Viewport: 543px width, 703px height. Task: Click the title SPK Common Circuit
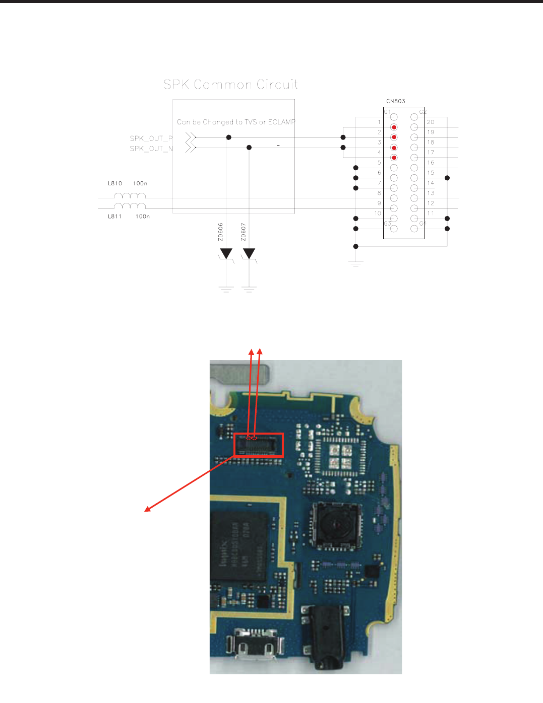[x=230, y=85]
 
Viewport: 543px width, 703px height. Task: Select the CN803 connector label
[x=396, y=101]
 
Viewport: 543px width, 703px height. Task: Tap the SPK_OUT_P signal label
[x=151, y=138]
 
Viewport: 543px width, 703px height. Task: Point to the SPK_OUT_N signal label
[x=151, y=149]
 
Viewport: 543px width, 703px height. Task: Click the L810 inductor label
[x=114, y=183]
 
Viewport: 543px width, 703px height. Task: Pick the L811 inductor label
[x=114, y=217]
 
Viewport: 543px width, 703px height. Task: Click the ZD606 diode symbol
[x=226, y=253]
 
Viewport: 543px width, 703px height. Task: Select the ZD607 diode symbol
[x=249, y=253]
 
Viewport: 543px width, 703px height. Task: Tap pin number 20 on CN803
[x=431, y=122]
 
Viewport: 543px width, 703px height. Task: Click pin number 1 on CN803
[x=379, y=122]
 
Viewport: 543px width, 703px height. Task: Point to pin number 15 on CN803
[x=431, y=173]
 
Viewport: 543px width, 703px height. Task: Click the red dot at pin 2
[x=394, y=127]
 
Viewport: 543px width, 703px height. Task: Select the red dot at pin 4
[x=394, y=158]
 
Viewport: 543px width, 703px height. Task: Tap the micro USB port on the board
[x=255, y=646]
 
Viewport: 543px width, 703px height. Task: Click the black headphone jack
[x=325, y=637]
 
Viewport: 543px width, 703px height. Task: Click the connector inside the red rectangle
[x=259, y=446]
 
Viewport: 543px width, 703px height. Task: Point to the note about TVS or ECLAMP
[x=236, y=122]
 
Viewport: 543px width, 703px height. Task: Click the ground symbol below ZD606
[x=226, y=289]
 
